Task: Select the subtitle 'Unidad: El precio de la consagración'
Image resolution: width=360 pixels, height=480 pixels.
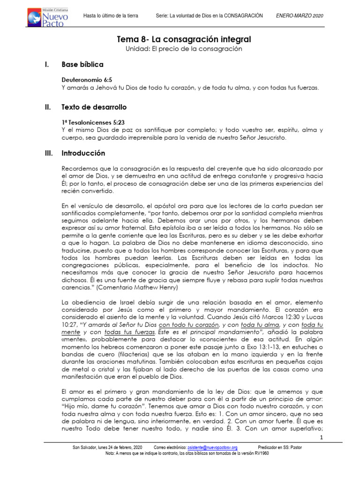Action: coord(184,49)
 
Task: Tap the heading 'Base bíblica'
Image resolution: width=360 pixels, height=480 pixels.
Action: coord(82,64)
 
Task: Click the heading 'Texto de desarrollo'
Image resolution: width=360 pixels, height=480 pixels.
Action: coord(94,107)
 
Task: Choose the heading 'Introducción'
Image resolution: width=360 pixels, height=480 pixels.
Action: coord(83,153)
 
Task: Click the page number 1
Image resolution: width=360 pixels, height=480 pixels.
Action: coord(322,437)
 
